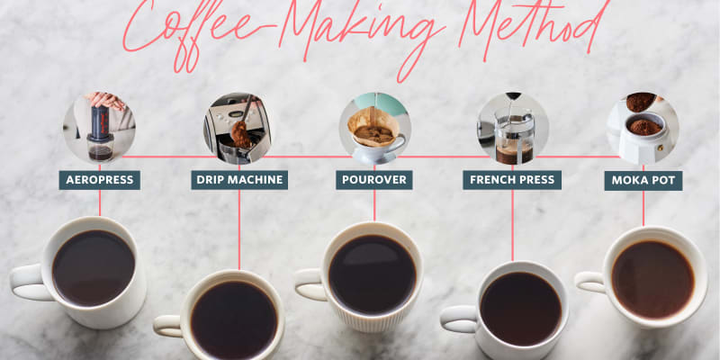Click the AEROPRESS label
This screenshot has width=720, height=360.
tap(99, 180)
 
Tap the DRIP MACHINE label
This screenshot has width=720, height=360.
tap(239, 180)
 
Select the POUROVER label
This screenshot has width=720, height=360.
tap(374, 180)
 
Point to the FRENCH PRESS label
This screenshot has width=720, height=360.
tap(512, 180)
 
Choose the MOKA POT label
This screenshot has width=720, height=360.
tap(643, 180)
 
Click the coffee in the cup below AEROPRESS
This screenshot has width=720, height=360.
tap(94, 267)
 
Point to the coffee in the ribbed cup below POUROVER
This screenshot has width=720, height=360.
tap(373, 273)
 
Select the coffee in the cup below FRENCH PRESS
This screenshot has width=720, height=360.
tap(520, 308)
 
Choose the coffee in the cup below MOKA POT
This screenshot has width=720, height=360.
tap(652, 278)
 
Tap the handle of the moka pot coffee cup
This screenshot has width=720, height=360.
tap(589, 283)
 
